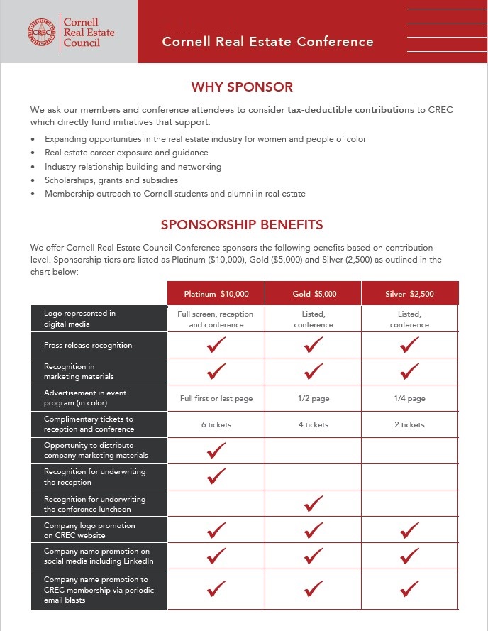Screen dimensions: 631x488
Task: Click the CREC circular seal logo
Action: pos(42,32)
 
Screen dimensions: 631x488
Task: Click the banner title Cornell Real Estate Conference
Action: pos(267,41)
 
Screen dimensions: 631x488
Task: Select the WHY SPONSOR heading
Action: pos(242,87)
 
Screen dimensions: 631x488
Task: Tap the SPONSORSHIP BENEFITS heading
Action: pos(242,225)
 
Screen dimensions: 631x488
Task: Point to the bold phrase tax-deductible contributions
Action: pos(350,110)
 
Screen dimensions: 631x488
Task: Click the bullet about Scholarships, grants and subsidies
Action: pos(111,180)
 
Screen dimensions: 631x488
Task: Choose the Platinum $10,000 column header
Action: pos(216,294)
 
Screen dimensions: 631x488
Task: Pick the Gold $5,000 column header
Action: pos(314,294)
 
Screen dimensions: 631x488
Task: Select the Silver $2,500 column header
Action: pos(409,294)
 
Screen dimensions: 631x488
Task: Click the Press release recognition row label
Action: pos(88,345)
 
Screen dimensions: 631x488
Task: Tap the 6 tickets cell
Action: pos(216,424)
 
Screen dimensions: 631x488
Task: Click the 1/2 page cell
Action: pos(314,398)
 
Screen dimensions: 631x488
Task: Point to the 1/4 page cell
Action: pos(409,398)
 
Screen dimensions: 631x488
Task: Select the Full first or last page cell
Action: pos(216,398)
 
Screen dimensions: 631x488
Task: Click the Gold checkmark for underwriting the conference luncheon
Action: pos(314,504)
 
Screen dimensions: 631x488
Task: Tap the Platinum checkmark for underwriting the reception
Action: pos(216,477)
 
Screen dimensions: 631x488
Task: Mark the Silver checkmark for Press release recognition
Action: pos(409,345)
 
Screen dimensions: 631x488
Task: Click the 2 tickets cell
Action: pos(409,424)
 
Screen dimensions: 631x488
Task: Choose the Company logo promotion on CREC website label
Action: pos(89,530)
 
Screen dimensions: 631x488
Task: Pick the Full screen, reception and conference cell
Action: pos(216,319)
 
